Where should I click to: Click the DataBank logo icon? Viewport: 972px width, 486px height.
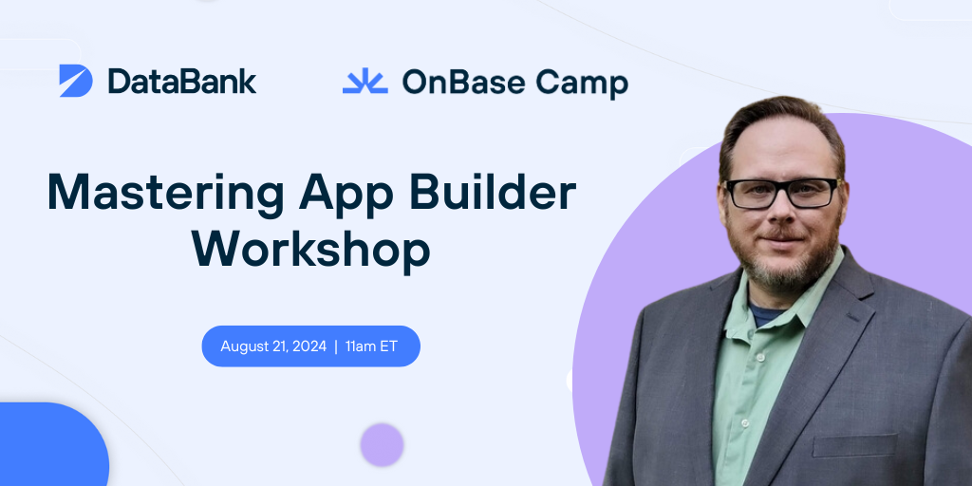coord(76,81)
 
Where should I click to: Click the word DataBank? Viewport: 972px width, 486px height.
coord(181,82)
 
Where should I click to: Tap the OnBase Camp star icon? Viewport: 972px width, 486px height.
coord(364,82)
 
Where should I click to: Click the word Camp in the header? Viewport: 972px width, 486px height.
coord(580,84)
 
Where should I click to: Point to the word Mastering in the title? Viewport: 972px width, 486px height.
coord(165,195)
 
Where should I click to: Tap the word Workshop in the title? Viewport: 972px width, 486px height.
coord(311,251)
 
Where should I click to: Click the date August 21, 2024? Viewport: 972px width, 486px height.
coord(273,346)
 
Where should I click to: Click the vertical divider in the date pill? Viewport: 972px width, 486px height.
coord(336,346)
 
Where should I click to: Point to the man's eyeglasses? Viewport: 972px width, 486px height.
coord(781,193)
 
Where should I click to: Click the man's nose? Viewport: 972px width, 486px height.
coord(784,216)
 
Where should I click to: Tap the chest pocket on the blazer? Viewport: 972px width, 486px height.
coord(853,445)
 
